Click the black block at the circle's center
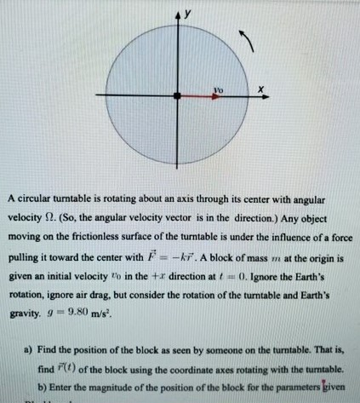click(x=177, y=97)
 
